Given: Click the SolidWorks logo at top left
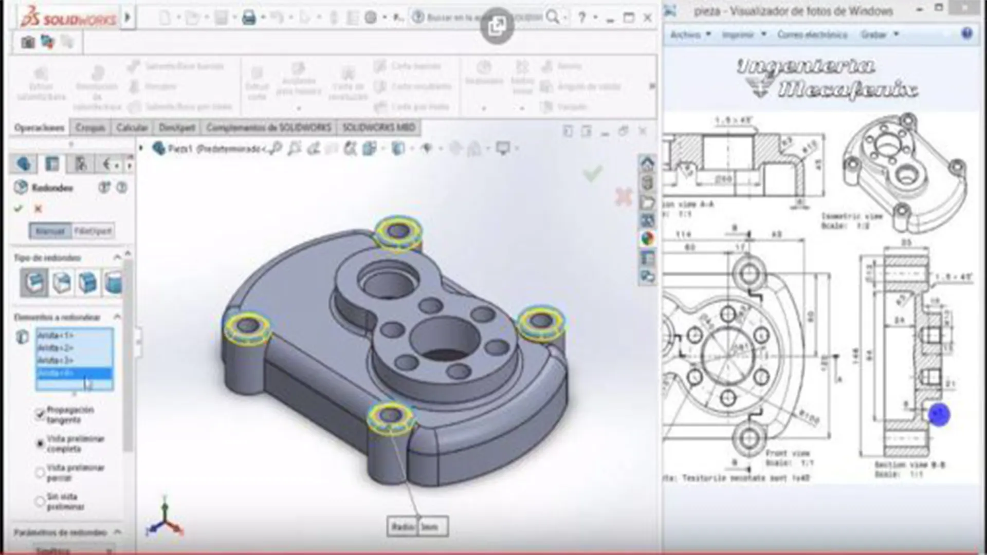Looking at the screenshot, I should pos(68,18).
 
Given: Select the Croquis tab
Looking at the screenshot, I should pos(90,127).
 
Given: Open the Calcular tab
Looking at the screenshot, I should pos(132,127).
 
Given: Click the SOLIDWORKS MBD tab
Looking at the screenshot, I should pos(379,127).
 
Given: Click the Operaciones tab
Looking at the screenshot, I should pos(40,127).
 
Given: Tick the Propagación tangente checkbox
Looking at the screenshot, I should pos(40,414).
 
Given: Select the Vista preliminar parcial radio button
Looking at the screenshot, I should pos(40,472).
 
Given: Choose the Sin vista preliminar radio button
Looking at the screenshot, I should pos(40,501).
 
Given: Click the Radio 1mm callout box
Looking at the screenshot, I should pos(417,527).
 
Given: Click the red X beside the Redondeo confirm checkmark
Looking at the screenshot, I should pos(38,209).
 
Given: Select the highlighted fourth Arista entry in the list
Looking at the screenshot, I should pos(74,373).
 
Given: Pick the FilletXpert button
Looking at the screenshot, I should pos(93,231).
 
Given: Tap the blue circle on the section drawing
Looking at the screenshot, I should pos(939,415).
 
